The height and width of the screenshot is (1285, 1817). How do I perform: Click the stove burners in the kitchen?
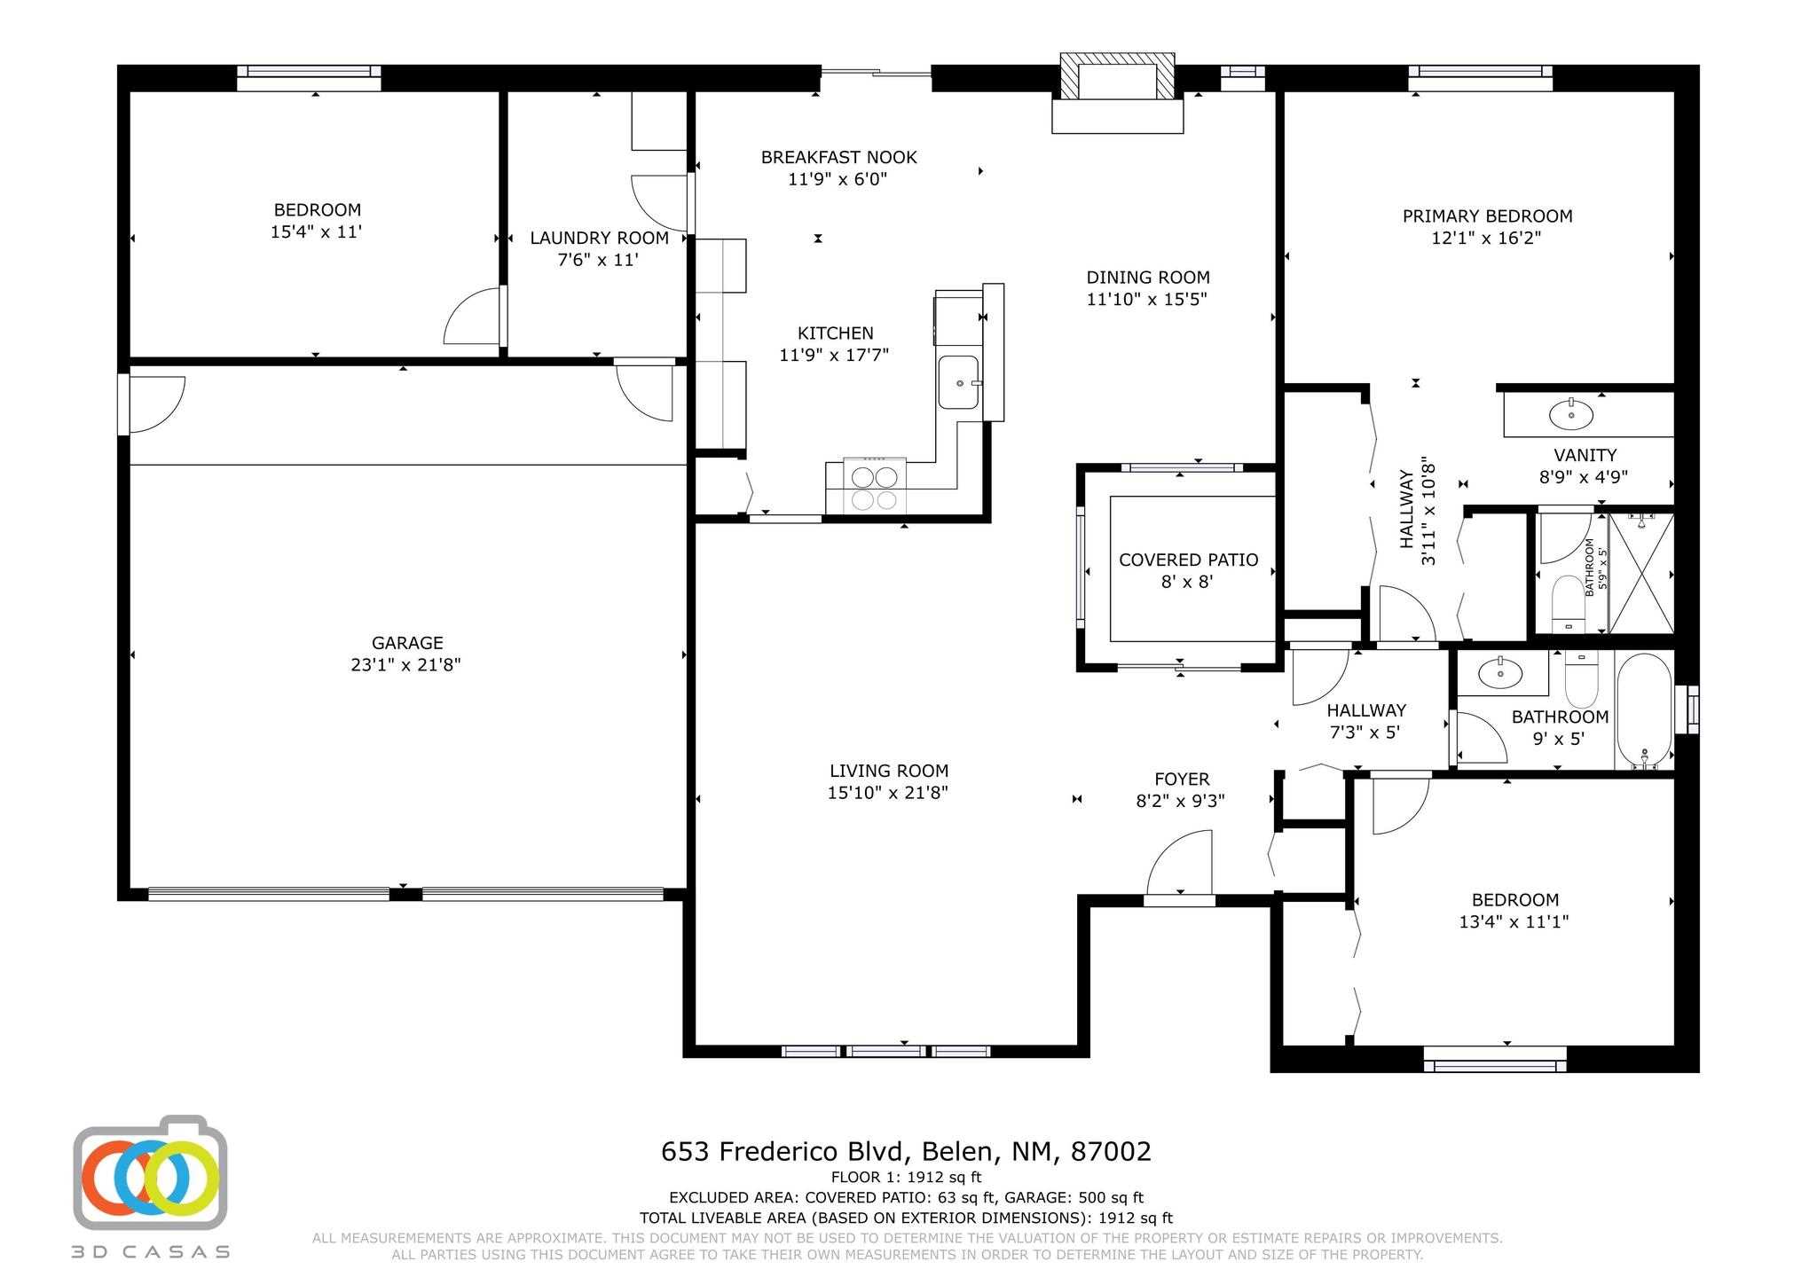click(874, 489)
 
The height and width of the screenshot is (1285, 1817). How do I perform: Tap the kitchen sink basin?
click(959, 382)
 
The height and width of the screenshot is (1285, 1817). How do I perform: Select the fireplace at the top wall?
click(1118, 93)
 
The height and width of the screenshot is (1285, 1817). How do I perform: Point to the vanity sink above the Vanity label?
click(1571, 412)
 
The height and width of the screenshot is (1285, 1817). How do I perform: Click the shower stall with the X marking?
click(1641, 573)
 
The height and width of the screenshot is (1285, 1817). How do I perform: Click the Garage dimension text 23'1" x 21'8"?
click(406, 665)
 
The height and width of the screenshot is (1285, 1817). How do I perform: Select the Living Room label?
click(889, 772)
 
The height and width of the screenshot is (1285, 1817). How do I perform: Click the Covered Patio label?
click(1189, 560)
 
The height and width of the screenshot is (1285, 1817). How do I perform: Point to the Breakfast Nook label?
click(839, 158)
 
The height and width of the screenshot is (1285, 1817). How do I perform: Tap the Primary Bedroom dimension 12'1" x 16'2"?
click(1486, 239)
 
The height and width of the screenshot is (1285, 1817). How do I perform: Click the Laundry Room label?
click(600, 239)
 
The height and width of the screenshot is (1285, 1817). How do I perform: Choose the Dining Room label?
click(1148, 278)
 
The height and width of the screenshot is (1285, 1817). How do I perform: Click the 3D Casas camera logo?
click(150, 1172)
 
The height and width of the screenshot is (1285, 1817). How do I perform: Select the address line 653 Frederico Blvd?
click(906, 1151)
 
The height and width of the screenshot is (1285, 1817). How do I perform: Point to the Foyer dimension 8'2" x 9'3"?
click(1181, 802)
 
